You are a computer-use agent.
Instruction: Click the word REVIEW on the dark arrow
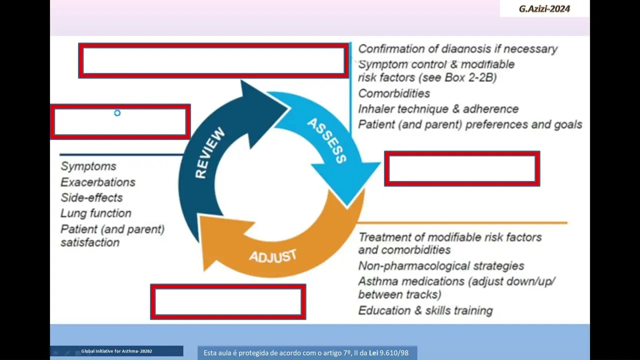(x=210, y=153)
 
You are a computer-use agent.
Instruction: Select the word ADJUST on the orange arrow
(x=273, y=256)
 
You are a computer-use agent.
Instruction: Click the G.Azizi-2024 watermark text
(x=544, y=9)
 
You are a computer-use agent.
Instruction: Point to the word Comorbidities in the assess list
(x=394, y=93)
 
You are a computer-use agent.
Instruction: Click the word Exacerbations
(x=98, y=182)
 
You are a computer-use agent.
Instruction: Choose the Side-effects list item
(x=91, y=197)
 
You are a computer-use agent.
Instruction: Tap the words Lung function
(x=96, y=213)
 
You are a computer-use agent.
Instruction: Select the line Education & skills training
(x=425, y=310)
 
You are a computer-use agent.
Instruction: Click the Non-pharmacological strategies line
(x=441, y=265)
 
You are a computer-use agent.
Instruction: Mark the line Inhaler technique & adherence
(x=438, y=109)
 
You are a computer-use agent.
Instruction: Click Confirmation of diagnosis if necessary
(x=457, y=49)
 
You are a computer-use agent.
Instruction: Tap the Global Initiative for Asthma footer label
(x=116, y=351)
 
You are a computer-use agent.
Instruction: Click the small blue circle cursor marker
(x=117, y=113)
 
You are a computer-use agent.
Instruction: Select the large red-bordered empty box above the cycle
(x=213, y=60)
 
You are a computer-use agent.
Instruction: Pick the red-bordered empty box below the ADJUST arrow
(x=228, y=301)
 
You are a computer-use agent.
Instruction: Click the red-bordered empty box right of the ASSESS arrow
(x=462, y=168)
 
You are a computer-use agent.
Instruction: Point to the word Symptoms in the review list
(x=88, y=166)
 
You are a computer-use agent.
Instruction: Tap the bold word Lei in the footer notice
(x=373, y=353)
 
